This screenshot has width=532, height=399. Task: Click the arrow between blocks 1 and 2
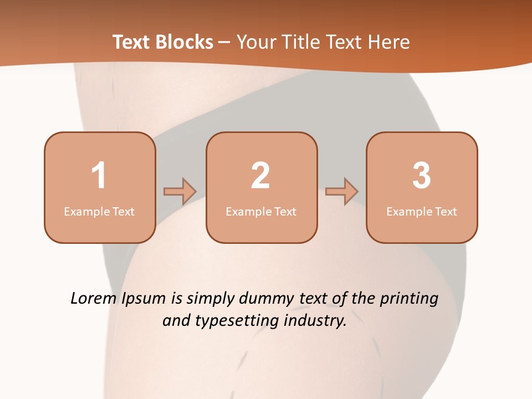click(x=180, y=191)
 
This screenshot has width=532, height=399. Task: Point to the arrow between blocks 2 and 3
click(x=342, y=191)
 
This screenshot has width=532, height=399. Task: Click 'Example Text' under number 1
click(x=99, y=212)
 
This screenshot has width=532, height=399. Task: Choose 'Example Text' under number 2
click(x=261, y=212)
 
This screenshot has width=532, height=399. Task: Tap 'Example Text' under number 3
click(x=422, y=212)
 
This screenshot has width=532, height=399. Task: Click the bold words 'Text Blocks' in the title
click(x=163, y=42)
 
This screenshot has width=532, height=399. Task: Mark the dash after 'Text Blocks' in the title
click(x=224, y=42)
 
